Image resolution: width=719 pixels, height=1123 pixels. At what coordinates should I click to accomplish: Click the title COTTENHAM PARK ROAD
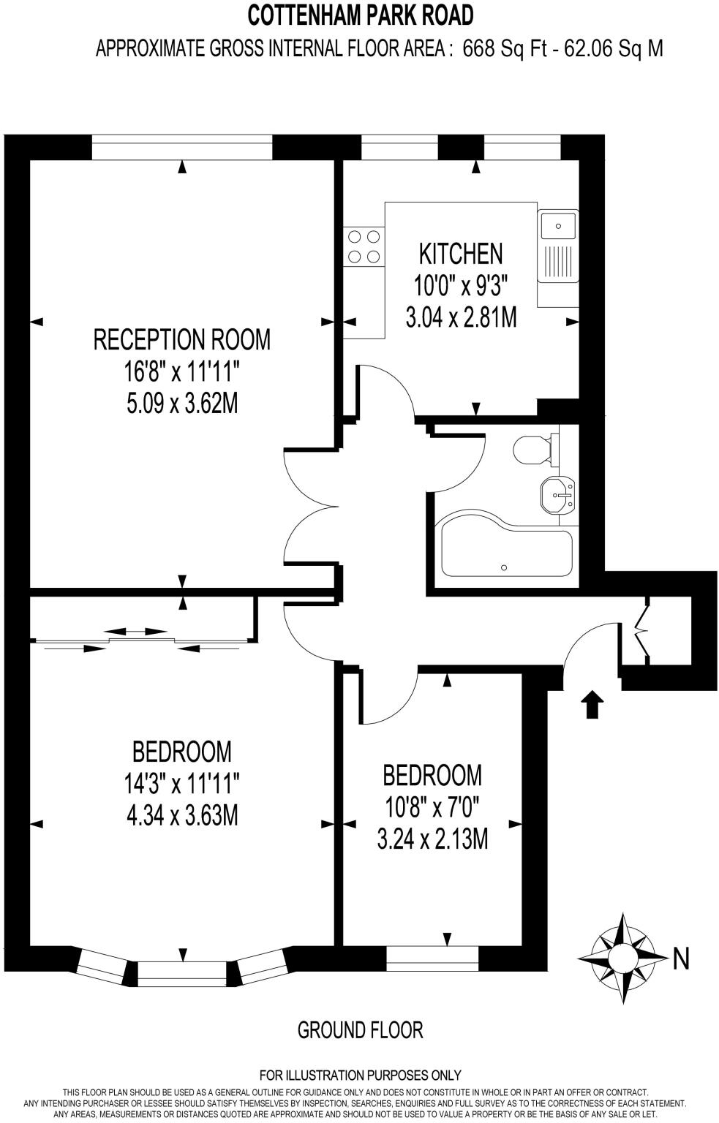360,15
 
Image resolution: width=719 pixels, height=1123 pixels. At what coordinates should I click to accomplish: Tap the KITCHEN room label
460,254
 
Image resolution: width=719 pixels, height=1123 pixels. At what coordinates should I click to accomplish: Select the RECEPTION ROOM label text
182,340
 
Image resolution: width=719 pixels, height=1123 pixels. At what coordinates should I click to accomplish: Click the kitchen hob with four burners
364,246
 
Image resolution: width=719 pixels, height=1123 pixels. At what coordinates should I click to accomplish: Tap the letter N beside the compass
681,958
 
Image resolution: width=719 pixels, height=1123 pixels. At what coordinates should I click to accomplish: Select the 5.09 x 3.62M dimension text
182,404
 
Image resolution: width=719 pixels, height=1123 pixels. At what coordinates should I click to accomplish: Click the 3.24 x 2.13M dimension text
432,839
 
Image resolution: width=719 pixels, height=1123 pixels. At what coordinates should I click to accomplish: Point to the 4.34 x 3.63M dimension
182,815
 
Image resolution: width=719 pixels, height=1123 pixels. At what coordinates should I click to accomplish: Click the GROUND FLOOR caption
360,1030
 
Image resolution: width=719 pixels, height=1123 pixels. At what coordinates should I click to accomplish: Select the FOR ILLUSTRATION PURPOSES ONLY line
360,1075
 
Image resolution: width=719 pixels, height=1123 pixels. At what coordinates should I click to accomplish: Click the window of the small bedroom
432,958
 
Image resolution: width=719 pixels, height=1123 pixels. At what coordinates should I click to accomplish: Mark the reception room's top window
181,148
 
